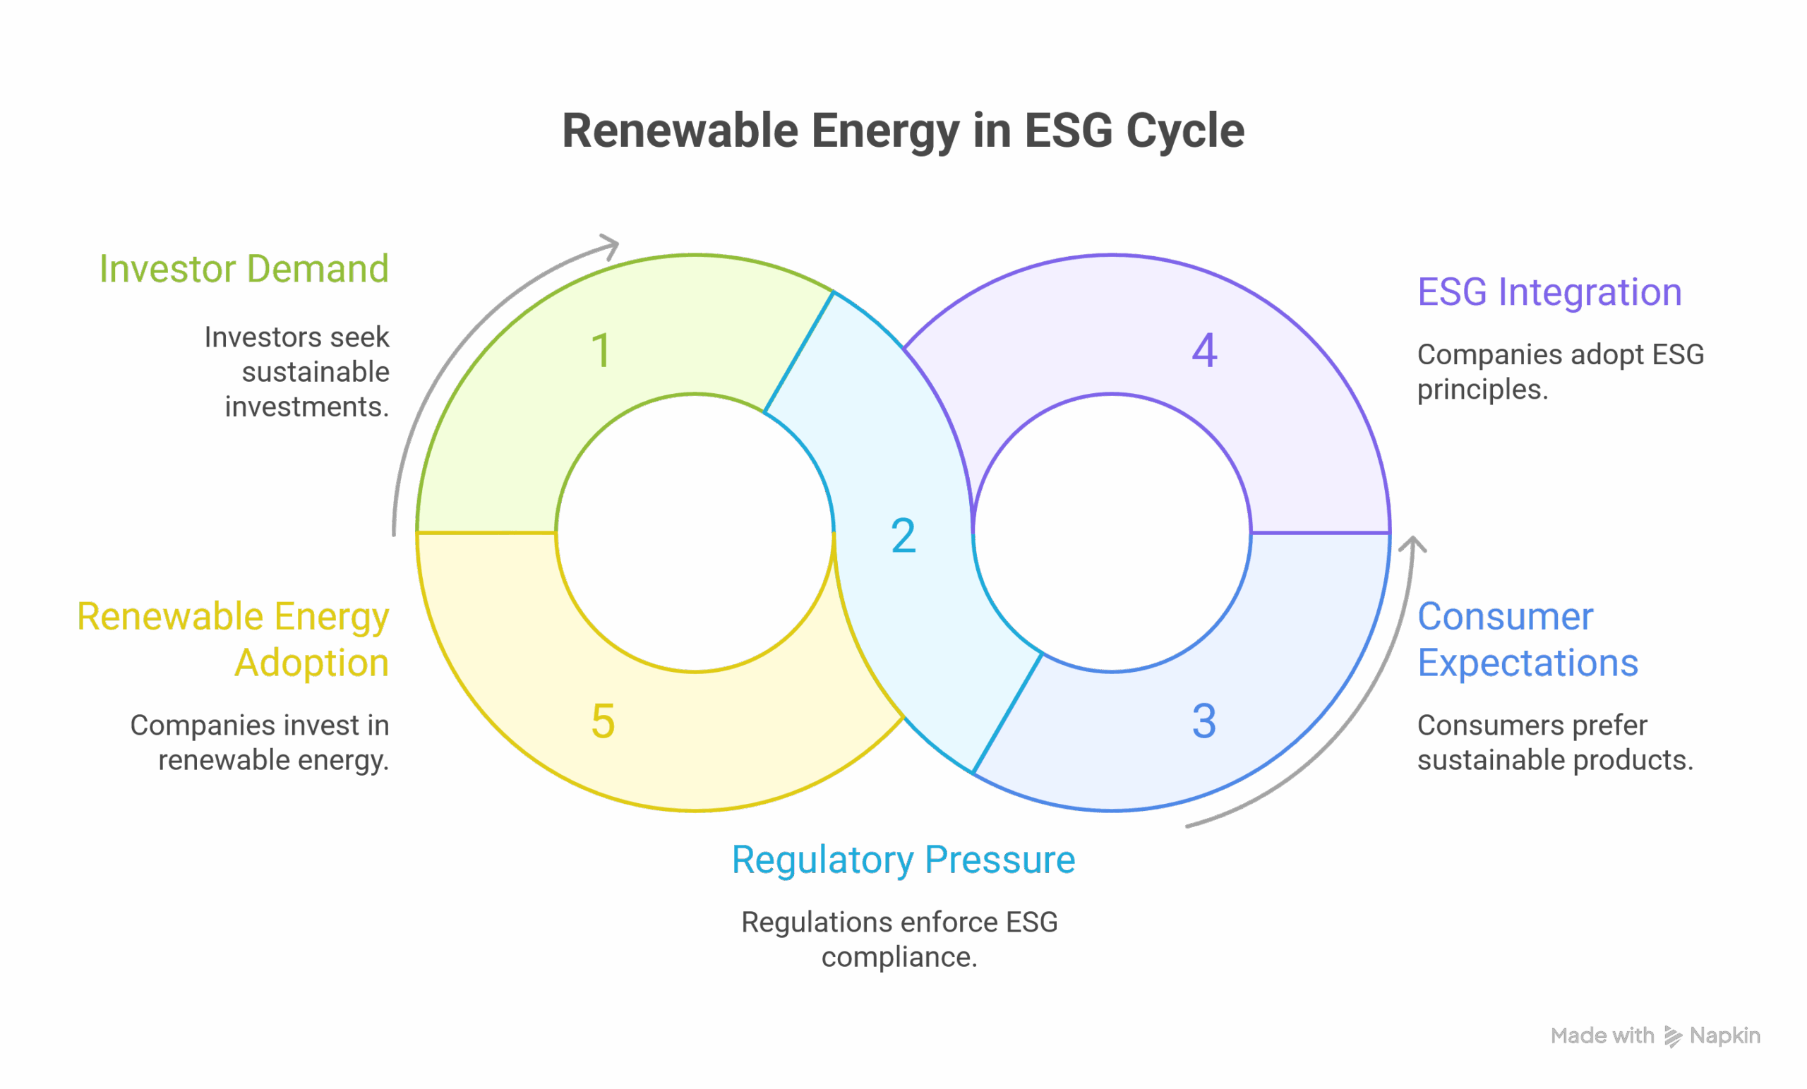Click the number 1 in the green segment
coord(601,351)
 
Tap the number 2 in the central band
coord(903,536)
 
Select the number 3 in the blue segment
coord(1203,721)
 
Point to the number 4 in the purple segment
coord(1204,350)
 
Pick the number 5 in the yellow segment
coord(602,721)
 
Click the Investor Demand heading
coord(244,269)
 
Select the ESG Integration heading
coord(1549,293)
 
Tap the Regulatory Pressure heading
coord(903,860)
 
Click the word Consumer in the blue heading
coord(1505,617)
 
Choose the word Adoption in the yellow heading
coord(312,663)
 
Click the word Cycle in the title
coord(1184,131)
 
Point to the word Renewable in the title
coord(680,131)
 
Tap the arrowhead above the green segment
coord(610,245)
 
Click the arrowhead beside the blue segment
coord(1412,546)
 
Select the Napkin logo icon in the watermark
coord(1673,1035)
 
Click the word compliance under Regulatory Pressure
coord(899,957)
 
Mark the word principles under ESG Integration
coord(1482,390)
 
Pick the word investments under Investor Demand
coord(306,407)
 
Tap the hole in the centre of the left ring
coord(695,533)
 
